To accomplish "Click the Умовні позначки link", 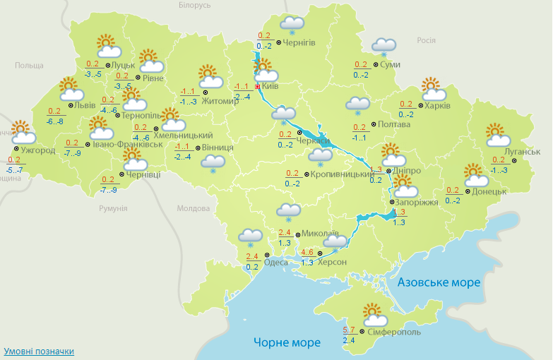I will tap(39, 351).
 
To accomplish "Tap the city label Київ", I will tap(270, 86).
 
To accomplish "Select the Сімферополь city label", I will tap(394, 332).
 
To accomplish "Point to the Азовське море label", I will tap(439, 282).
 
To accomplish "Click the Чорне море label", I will tap(287, 342).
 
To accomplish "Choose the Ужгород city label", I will tap(38, 150).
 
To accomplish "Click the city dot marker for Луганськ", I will tap(514, 161).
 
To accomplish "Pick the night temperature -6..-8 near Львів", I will tap(54, 121).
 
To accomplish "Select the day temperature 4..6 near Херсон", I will tap(307, 253).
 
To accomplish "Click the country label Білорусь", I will tap(195, 5).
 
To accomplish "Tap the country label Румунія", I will tap(113, 208).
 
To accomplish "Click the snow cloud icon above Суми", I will tap(383, 47).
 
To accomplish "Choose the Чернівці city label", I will tap(144, 174).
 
